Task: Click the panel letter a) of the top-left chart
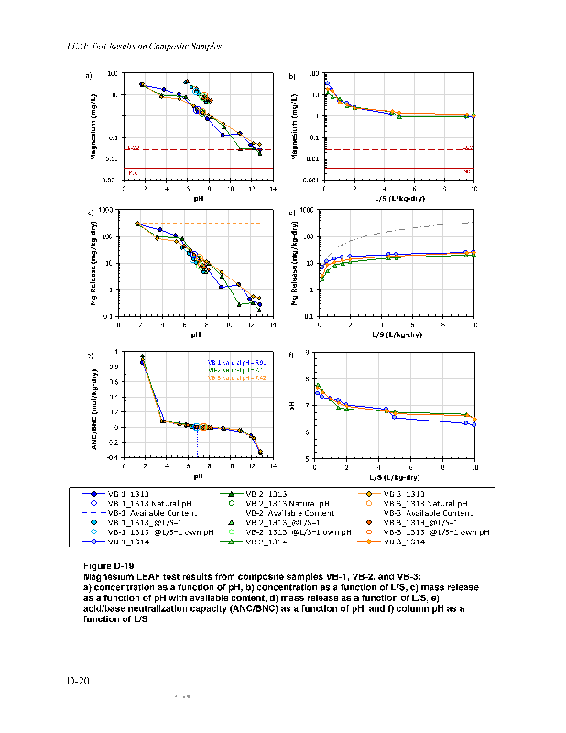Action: click(x=89, y=76)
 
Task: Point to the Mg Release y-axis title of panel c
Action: click(x=94, y=262)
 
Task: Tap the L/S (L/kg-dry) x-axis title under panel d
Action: click(x=396, y=335)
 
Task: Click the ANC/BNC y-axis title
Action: click(x=94, y=404)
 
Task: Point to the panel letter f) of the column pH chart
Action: click(x=292, y=355)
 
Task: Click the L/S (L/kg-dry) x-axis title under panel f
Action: click(x=396, y=477)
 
